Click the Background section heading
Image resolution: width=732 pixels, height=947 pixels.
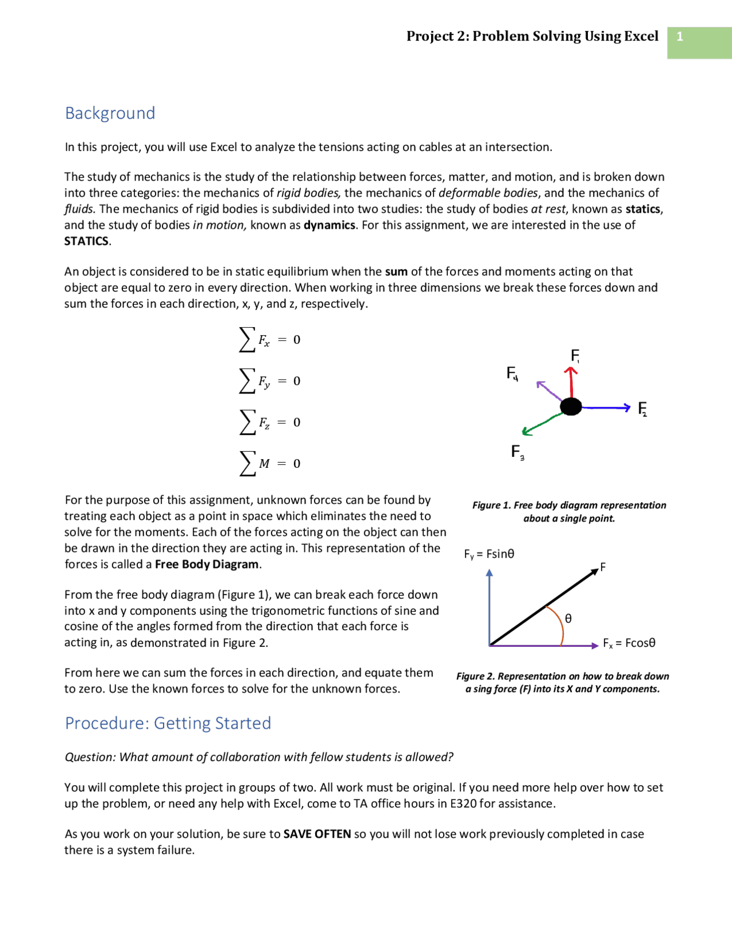(x=110, y=113)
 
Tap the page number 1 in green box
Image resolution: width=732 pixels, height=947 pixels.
(x=679, y=37)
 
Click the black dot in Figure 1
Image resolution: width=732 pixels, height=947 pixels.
(x=571, y=407)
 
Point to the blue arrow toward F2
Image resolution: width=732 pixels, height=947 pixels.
(x=606, y=407)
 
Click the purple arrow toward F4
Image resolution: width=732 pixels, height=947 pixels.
(x=549, y=391)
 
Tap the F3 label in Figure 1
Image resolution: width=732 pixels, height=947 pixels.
(x=517, y=452)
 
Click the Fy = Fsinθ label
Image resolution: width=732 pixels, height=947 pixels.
(x=489, y=554)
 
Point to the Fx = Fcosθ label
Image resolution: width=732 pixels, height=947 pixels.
(x=629, y=643)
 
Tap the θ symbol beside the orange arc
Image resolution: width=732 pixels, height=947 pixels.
(x=568, y=618)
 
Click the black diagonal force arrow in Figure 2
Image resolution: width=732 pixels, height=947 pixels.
(x=543, y=608)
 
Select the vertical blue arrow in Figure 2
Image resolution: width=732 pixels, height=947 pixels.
(x=490, y=606)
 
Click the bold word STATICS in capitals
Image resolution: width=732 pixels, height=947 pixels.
(x=86, y=241)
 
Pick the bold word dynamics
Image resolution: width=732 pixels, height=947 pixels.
(x=329, y=225)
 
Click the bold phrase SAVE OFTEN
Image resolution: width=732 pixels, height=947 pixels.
(x=317, y=834)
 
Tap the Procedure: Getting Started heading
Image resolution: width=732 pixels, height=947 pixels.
(x=168, y=723)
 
